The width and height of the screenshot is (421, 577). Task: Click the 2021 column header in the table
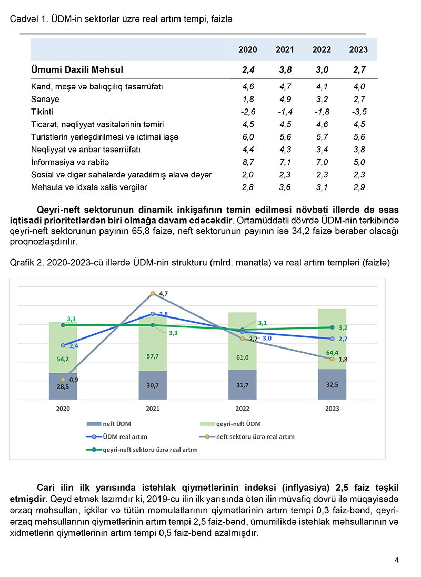(x=285, y=49)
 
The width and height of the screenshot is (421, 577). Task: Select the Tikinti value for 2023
(x=358, y=112)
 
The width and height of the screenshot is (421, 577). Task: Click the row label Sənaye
(x=45, y=99)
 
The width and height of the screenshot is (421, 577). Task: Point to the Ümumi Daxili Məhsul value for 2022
(x=322, y=69)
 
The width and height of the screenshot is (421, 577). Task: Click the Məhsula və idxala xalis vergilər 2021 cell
(x=285, y=187)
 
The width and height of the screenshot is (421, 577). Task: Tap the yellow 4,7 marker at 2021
(x=153, y=293)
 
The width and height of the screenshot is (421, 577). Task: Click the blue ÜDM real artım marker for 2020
(x=63, y=345)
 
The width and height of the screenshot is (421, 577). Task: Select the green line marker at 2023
(x=332, y=327)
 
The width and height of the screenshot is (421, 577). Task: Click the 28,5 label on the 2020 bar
(x=63, y=386)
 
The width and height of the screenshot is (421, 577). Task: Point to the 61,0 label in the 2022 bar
(x=243, y=358)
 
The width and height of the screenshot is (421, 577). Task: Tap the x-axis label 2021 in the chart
(x=153, y=409)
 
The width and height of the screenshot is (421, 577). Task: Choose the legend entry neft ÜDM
(x=116, y=424)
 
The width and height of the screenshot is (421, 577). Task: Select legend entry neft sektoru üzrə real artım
(x=255, y=436)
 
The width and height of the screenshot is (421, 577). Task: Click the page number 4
(x=397, y=560)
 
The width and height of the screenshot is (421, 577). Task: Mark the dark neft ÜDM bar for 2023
(x=332, y=384)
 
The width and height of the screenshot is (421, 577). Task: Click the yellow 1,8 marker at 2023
(x=332, y=359)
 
